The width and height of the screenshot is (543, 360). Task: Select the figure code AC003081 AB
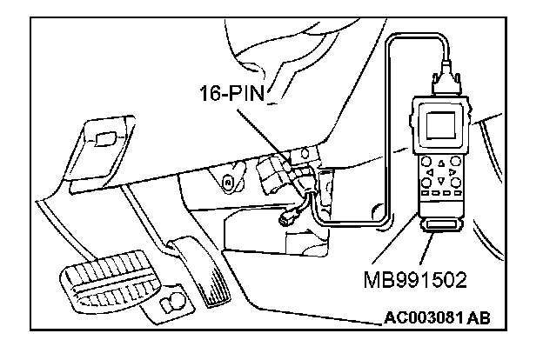[x=436, y=317]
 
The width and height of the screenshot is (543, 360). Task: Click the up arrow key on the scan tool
[x=440, y=162]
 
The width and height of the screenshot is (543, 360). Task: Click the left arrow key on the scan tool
[x=432, y=170]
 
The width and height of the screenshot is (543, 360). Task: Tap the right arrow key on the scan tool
[x=449, y=172]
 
